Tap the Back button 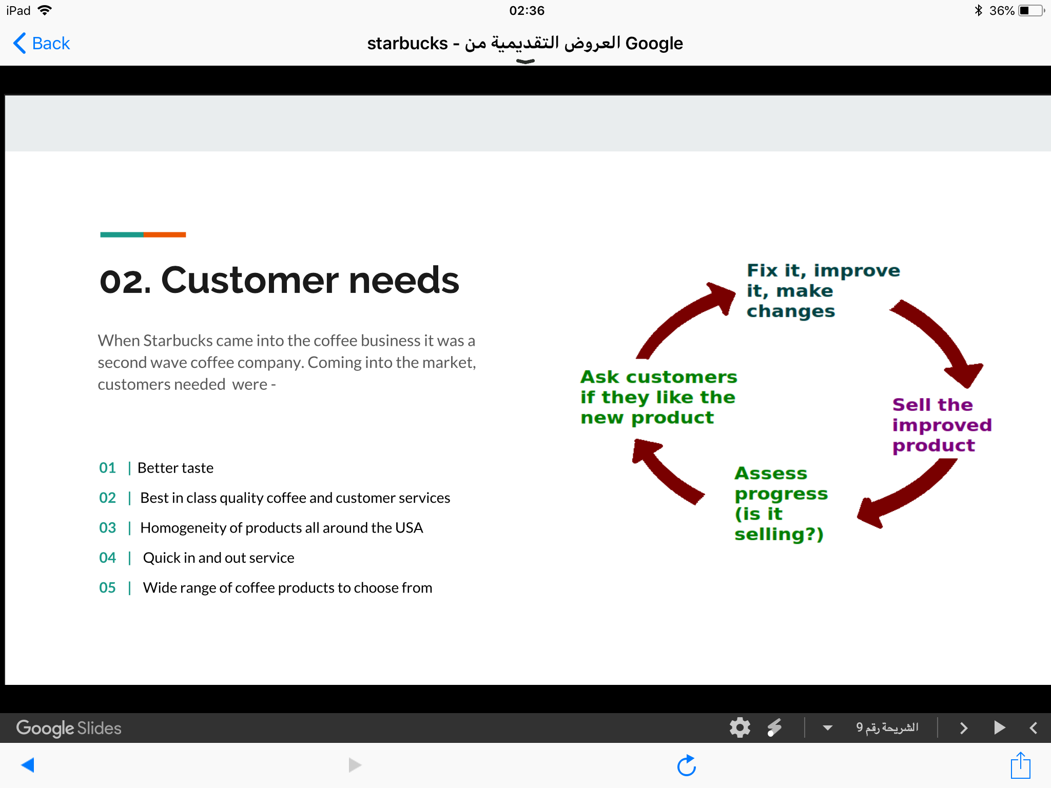point(42,43)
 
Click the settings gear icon point(739,727)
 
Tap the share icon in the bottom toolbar point(1020,765)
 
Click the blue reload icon point(687,765)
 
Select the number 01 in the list point(107,468)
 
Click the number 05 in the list point(107,588)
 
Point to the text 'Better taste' point(176,468)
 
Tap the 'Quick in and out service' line point(219,558)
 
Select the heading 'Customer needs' point(310,281)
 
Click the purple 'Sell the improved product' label point(942,425)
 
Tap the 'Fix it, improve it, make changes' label point(823,290)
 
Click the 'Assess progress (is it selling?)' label point(781,504)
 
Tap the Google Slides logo point(69,728)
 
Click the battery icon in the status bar point(1031,11)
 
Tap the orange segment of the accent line point(165,234)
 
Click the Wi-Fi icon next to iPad point(45,10)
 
